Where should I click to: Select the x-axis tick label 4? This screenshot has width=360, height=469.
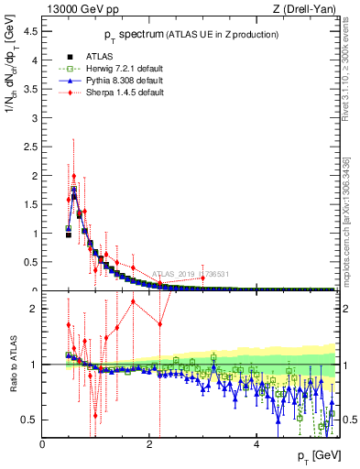pyautogui.click(x=256, y=444)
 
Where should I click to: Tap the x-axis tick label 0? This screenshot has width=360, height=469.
pyautogui.click(x=43, y=444)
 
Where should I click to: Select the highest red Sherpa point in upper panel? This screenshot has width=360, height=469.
pyautogui.click(x=74, y=176)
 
